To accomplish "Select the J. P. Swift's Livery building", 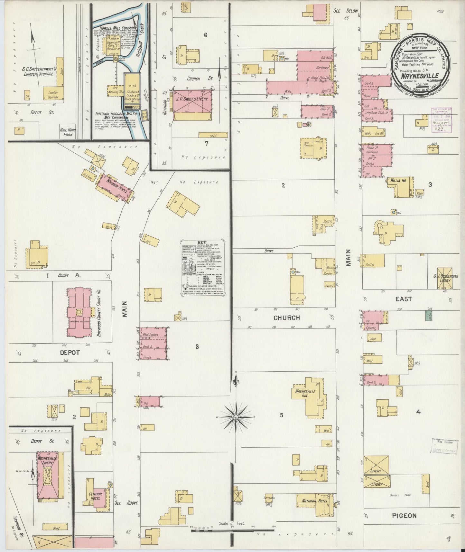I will click(192, 105).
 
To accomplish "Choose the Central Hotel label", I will click(96, 496).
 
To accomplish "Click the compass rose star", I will click(236, 417).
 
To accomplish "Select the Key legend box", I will click(203, 267).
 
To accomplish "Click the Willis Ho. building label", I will click(398, 181).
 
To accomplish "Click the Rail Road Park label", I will click(67, 132).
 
